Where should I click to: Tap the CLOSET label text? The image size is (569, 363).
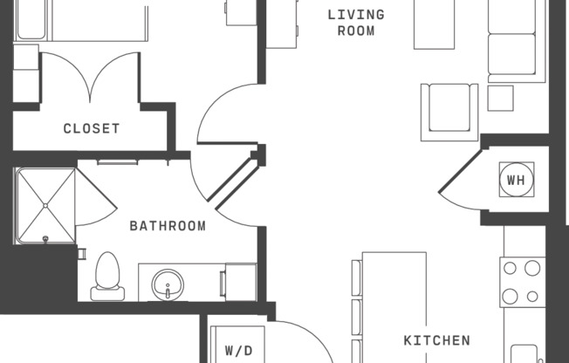92,128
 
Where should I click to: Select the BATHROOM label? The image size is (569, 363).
168,226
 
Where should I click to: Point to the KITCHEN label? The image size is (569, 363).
436,340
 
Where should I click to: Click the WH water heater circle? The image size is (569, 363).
516,181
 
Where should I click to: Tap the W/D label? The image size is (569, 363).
238,351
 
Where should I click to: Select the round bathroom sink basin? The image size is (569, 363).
167,284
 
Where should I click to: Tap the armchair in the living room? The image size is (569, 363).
449,111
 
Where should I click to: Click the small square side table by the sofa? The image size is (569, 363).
500,98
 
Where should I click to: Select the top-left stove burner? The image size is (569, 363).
510,269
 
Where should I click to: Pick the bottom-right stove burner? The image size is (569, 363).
532,297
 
